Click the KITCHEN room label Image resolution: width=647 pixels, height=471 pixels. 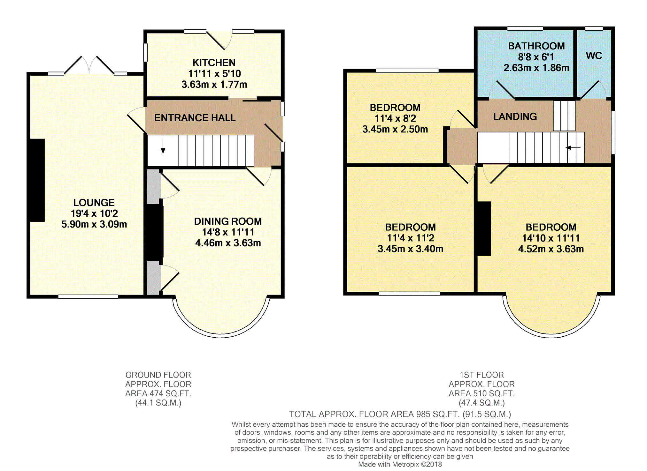coord(214,63)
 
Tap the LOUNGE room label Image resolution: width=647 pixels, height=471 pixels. coord(94,203)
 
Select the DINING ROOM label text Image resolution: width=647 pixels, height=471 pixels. coord(228,221)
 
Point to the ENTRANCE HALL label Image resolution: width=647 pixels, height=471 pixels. coord(195,118)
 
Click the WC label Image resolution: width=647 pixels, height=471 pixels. coord(594,56)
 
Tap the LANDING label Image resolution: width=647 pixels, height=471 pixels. coord(515,116)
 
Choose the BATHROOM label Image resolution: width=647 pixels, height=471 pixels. coord(536,46)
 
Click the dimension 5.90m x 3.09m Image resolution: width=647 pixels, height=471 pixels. coord(94,224)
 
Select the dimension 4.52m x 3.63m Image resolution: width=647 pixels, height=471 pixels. coord(551,249)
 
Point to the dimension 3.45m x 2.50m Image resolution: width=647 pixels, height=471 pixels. coord(395,129)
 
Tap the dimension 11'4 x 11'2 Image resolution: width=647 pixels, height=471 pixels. coord(411,238)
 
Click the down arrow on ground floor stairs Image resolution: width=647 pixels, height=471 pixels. coord(163,146)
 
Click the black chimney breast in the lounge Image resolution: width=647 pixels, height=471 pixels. coord(37,180)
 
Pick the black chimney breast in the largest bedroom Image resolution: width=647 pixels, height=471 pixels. coord(484,228)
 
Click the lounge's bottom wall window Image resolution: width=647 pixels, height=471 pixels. coord(88,297)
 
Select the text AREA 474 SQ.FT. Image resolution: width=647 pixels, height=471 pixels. coord(158,393)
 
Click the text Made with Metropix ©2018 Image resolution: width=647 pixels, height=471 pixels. coord(400,464)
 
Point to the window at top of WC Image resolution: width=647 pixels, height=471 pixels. coord(594,28)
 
